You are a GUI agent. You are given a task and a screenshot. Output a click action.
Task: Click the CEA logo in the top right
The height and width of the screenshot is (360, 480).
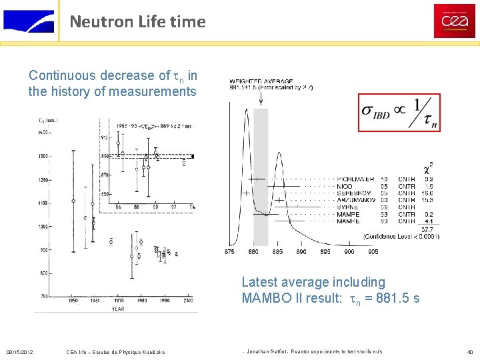coord(454,21)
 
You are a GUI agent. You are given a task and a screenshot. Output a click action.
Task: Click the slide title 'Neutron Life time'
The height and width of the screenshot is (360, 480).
coord(137,21)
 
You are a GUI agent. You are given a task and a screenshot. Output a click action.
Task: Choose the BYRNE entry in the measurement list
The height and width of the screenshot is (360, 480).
coord(347,207)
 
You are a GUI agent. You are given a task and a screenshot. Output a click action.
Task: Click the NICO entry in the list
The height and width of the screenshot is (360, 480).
coord(345,187)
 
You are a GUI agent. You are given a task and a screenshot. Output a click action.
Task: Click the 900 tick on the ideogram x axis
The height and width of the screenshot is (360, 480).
coord(349,252)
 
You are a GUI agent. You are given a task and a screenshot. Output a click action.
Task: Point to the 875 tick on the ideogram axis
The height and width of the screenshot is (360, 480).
coord(229,252)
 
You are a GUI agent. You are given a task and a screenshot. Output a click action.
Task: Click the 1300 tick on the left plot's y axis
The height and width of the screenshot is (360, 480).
coord(44,156)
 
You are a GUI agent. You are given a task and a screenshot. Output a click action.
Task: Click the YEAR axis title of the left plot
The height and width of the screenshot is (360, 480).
coord(117,309)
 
